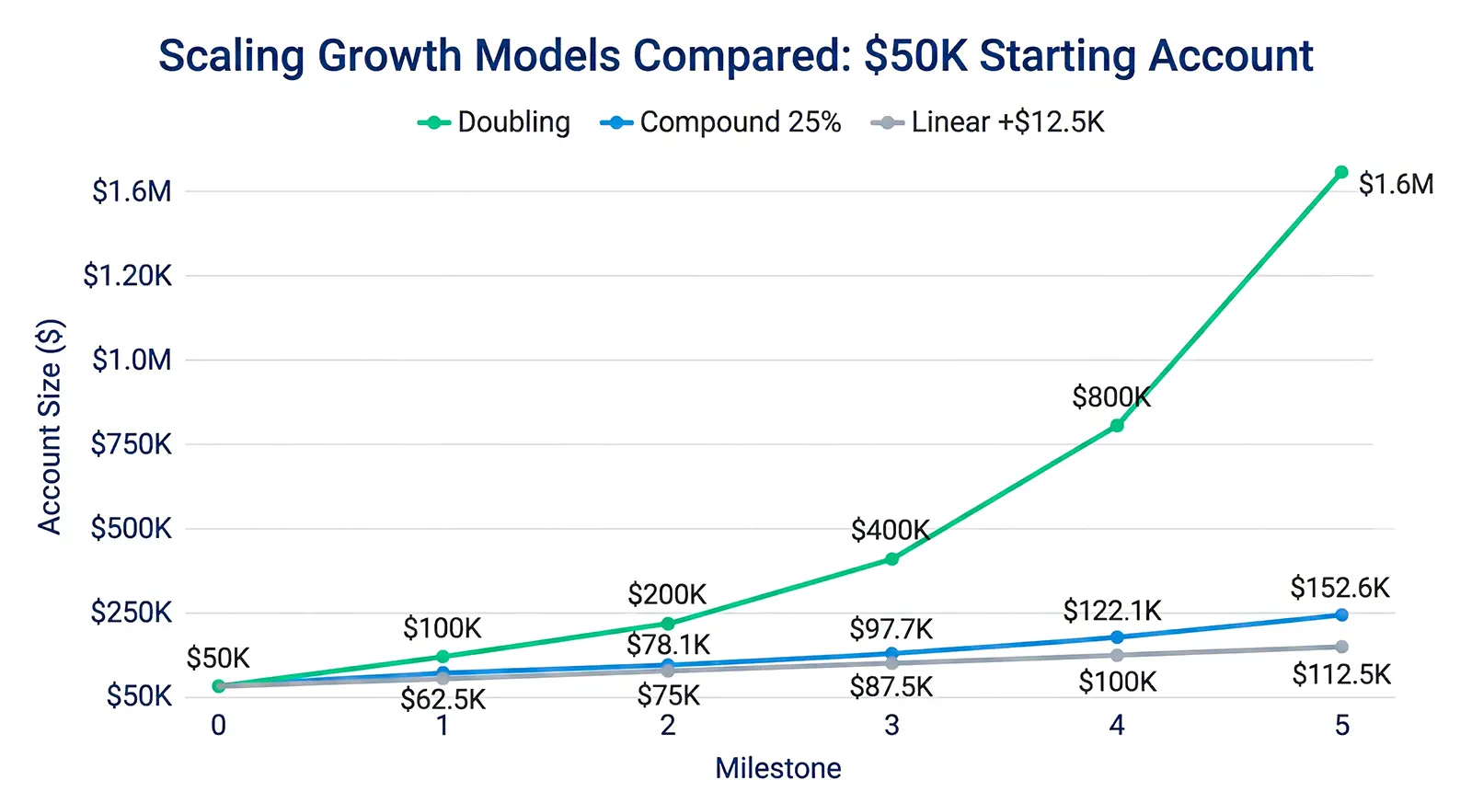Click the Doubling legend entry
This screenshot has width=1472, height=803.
pos(495,122)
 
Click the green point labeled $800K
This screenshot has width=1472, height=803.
pos(1116,425)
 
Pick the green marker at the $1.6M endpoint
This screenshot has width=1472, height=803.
pos(1340,172)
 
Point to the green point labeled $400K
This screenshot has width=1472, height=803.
pos(891,558)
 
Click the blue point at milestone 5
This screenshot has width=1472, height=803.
pos(1340,614)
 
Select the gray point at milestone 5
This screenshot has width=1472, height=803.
pos(1340,647)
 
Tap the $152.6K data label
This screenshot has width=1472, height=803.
pos(1339,588)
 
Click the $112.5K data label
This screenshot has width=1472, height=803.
pos(1340,675)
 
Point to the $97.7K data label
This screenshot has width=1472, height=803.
pos(891,629)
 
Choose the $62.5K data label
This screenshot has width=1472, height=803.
pos(443,700)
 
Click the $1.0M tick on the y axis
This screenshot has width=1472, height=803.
pos(132,360)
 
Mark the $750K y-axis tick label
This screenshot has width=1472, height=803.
pos(132,444)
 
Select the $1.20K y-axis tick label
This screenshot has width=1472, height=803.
pos(128,275)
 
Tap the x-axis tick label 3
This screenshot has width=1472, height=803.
pos(891,726)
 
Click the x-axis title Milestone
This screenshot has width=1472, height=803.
pos(777,768)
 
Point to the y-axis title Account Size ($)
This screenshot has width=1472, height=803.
pos(50,426)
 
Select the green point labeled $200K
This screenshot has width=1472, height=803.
pos(667,624)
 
